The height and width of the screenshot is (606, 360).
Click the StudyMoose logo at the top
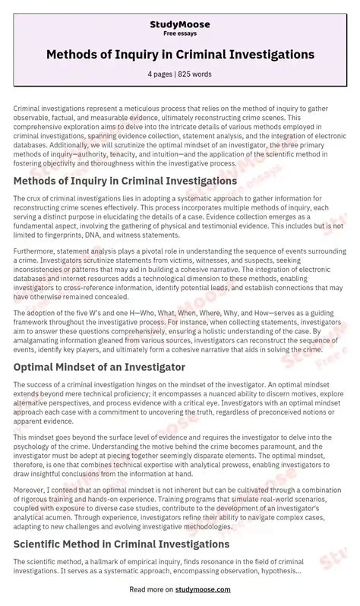point(180,24)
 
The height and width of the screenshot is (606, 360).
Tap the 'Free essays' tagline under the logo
point(180,34)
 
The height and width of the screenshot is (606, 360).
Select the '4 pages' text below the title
point(162,75)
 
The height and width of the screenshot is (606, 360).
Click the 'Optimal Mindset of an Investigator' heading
point(99,367)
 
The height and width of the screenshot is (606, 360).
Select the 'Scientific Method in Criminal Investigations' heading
point(122,522)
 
